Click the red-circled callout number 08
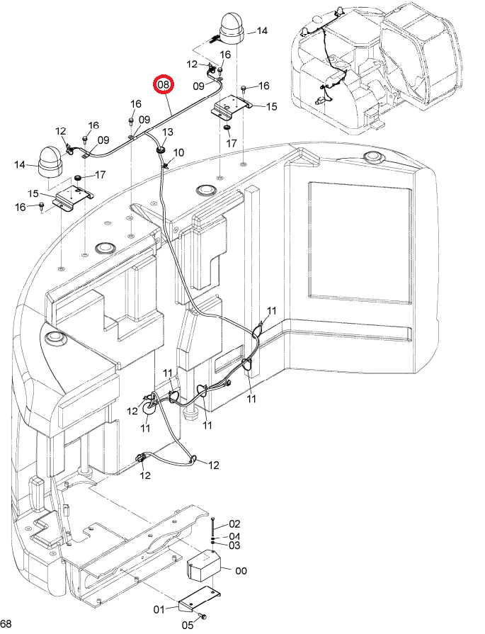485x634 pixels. click(164, 85)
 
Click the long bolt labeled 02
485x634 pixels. click(212, 526)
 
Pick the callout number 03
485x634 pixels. click(234, 545)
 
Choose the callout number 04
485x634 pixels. click(234, 536)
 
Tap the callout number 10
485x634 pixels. click(178, 153)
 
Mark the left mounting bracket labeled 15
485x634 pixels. click(74, 198)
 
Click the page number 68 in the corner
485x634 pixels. click(6, 623)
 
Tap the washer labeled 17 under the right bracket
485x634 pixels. click(227, 129)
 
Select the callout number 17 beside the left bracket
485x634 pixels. click(100, 175)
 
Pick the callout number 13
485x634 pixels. click(168, 132)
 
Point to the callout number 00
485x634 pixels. click(241, 570)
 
